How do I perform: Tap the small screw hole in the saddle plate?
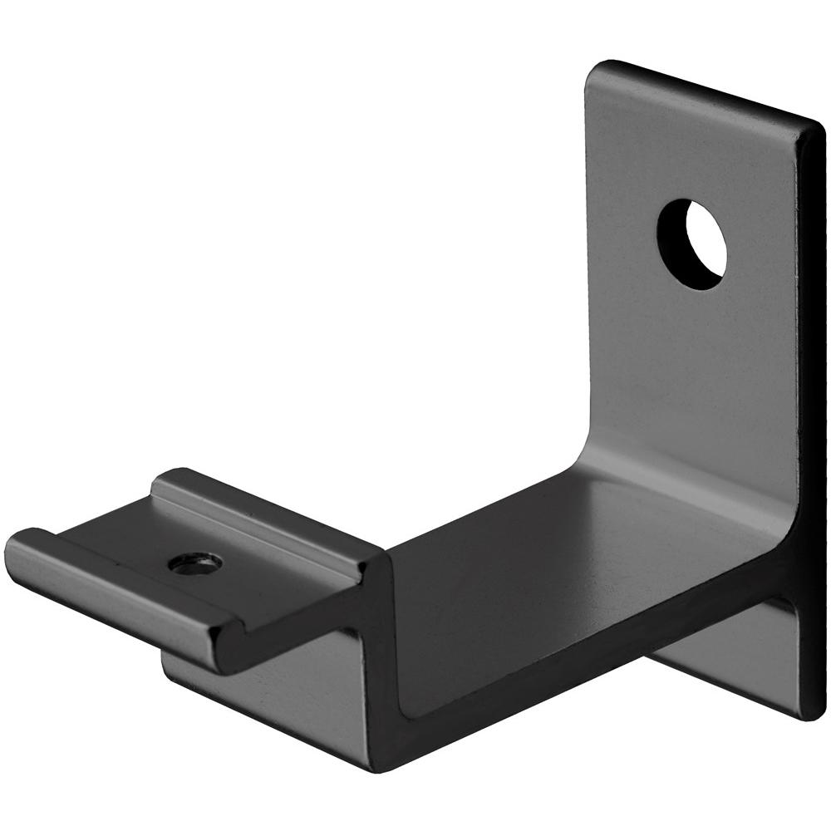click(x=195, y=563)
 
